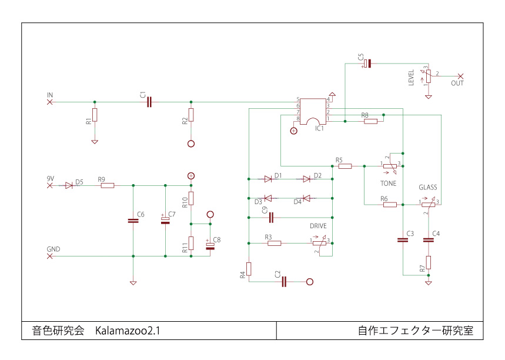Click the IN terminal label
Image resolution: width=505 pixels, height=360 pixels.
50,95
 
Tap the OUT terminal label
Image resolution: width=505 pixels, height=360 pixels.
457,84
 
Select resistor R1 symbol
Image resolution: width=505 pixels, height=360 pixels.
95,115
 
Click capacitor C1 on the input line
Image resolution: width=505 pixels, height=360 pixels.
149,102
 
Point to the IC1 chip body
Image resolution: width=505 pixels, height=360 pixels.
313,111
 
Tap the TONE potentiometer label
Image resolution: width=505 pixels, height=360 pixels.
388,184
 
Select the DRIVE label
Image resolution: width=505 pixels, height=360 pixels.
318,226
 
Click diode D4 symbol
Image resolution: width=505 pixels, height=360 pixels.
306,198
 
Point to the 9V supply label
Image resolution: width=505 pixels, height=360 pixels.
51,178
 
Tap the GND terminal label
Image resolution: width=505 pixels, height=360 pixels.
53,249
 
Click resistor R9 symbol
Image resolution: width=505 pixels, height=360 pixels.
107,186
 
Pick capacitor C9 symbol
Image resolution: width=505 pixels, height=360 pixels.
271,218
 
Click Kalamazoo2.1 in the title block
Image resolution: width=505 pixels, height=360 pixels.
128,331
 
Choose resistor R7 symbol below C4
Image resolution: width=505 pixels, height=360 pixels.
429,262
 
